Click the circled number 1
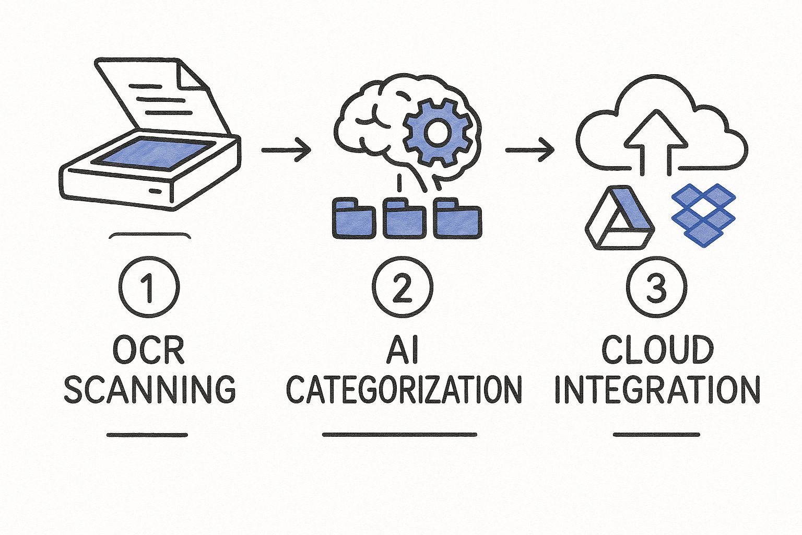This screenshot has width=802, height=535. click(149, 287)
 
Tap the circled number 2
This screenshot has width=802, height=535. click(402, 287)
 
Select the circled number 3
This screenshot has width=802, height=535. click(656, 287)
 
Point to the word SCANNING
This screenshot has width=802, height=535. click(150, 389)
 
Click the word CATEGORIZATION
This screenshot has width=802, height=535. click(404, 389)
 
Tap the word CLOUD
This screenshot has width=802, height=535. click(657, 350)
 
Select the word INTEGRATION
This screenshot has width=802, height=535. click(657, 389)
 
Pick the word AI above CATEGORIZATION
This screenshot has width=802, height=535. click(403, 350)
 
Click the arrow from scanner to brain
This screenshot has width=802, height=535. click(286, 150)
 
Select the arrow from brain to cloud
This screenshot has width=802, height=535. click(529, 150)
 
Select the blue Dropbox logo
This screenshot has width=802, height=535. click(703, 214)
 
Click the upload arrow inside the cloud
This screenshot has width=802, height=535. click(656, 141)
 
